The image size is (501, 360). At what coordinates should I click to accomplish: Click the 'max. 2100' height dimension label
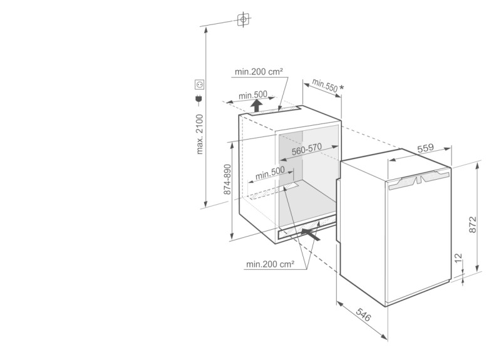click(200, 135)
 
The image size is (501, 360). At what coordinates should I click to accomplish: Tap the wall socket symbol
click(200, 85)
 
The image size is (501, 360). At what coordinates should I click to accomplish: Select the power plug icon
click(199, 100)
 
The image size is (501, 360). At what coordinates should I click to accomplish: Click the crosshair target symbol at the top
click(244, 19)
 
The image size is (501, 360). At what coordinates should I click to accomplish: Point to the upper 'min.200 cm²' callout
click(259, 72)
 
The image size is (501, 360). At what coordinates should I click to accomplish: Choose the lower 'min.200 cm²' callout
click(271, 264)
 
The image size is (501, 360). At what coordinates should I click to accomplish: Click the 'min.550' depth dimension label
click(324, 85)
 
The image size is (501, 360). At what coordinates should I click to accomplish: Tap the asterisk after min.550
click(341, 87)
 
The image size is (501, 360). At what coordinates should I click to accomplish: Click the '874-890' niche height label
click(227, 179)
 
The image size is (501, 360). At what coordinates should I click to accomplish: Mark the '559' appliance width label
click(426, 148)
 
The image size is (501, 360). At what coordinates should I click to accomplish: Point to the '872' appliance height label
click(473, 224)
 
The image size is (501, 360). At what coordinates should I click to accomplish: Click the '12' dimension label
click(458, 257)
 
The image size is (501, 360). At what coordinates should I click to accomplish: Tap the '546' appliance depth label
click(363, 315)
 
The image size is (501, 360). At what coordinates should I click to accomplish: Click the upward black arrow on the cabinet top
click(256, 106)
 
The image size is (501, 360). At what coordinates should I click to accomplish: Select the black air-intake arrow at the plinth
click(311, 234)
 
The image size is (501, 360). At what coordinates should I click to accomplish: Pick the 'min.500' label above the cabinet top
click(253, 95)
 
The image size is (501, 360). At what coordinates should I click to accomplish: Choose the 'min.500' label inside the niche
click(270, 173)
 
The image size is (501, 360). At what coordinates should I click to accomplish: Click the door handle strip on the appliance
click(418, 181)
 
